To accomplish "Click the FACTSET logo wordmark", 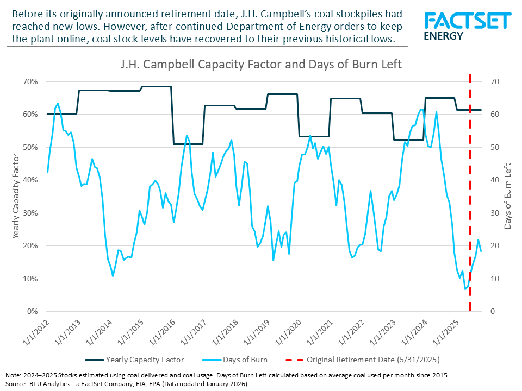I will [468, 21].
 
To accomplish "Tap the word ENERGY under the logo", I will [443, 36].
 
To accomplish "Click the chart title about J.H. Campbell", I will [261, 65].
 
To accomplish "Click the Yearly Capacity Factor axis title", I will [16, 197].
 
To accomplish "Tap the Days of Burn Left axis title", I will [507, 197].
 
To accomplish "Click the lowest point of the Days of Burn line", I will [465, 289].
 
